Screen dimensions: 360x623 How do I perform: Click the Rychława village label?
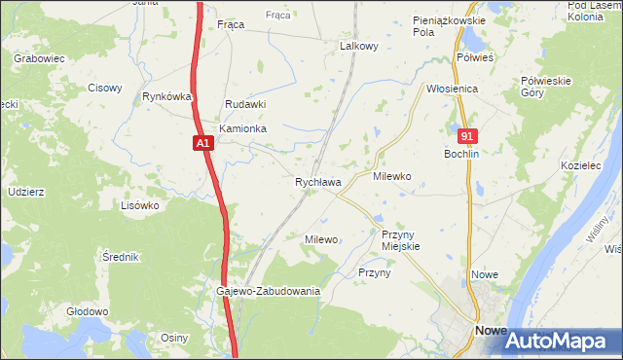317,182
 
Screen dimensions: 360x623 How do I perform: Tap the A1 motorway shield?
202,144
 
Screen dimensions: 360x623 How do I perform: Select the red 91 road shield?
468,137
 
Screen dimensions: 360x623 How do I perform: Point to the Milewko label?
392,177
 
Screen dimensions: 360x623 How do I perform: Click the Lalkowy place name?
358,46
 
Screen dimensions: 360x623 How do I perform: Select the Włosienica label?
452,89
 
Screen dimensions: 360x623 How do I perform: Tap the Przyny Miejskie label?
400,240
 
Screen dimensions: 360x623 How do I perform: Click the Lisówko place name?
139,205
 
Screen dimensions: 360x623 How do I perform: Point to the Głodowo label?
87,311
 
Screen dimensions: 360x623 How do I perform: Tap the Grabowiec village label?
39,58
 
